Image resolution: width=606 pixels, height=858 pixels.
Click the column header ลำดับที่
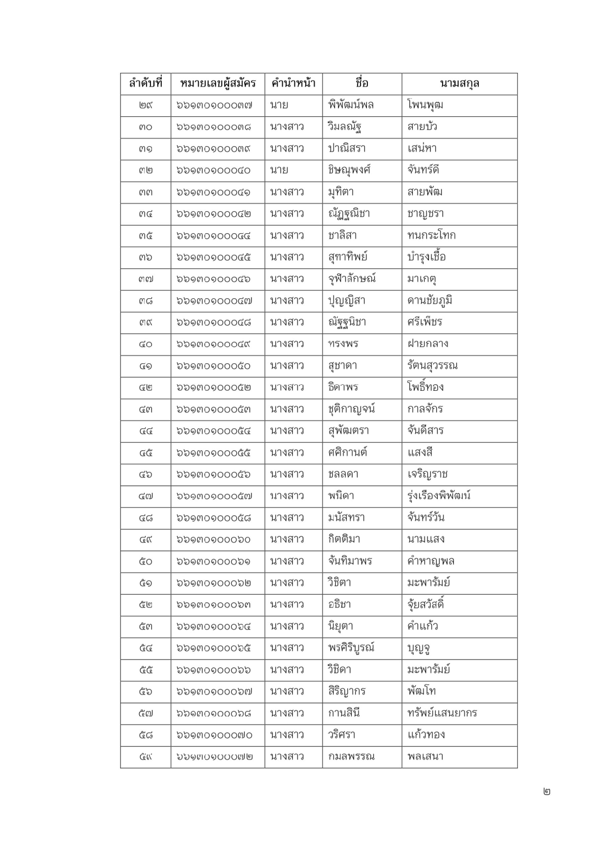145,83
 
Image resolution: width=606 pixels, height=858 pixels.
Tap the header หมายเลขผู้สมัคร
218,83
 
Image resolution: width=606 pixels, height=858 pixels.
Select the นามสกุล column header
459,83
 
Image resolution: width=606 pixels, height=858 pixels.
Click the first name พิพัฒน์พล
351,105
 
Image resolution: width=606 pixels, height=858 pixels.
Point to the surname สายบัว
422,127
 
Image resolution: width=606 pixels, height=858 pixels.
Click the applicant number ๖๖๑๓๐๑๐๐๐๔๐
213,170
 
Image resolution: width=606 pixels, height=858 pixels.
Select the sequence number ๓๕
145,235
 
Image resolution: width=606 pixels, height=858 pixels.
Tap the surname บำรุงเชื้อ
427,257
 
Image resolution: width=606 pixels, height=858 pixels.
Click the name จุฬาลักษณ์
352,279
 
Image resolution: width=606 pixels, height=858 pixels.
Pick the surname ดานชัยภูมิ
430,300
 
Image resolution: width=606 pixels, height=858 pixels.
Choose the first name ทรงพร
343,344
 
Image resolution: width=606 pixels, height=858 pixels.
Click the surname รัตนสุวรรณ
432,365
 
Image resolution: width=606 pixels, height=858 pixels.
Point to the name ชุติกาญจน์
351,409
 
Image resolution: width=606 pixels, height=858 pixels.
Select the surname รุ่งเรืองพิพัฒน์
439,496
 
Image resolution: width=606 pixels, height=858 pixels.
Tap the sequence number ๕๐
145,561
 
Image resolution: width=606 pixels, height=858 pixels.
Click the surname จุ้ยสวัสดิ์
426,604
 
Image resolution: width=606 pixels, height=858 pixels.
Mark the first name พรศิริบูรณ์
351,648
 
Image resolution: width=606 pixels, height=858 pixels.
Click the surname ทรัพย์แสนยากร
442,713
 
